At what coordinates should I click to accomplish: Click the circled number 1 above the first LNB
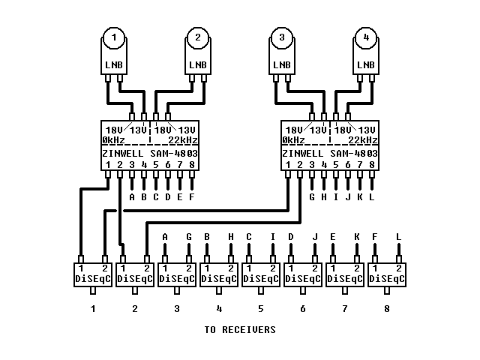pyautogui.click(x=114, y=37)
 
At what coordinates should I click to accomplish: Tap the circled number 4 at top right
pyautogui.click(x=366, y=37)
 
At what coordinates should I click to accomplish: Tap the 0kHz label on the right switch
pyautogui.click(x=294, y=140)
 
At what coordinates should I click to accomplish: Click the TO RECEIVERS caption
pyautogui.click(x=240, y=329)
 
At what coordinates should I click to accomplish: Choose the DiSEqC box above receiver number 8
pyautogui.click(x=387, y=274)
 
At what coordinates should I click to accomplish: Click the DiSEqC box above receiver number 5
pyautogui.click(x=261, y=274)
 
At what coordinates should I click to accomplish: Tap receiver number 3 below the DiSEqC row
pyautogui.click(x=177, y=308)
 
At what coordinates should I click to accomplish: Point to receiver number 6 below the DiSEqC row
pyautogui.click(x=303, y=308)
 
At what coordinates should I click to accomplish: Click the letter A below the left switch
pyautogui.click(x=132, y=198)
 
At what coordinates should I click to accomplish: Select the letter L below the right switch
pyautogui.click(x=372, y=198)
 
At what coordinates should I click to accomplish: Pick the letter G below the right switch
pyautogui.click(x=312, y=198)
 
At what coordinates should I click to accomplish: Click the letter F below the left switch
pyautogui.click(x=192, y=198)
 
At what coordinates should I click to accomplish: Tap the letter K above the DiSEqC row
pyautogui.click(x=357, y=237)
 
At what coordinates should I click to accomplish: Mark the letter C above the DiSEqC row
pyautogui.click(x=249, y=237)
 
